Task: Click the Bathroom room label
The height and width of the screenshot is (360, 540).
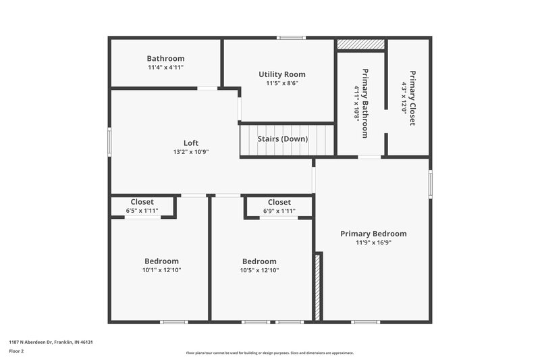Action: pyautogui.click(x=165, y=59)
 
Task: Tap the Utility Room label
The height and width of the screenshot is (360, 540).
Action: pyautogui.click(x=282, y=74)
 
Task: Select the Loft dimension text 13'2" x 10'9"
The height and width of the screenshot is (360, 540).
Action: pyautogui.click(x=191, y=152)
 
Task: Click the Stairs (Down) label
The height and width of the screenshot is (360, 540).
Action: pyautogui.click(x=283, y=139)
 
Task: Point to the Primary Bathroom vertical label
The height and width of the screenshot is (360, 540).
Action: pyautogui.click(x=364, y=103)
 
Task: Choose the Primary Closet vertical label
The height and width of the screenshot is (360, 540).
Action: pyautogui.click(x=412, y=98)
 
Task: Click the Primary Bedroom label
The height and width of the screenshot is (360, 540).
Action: pyautogui.click(x=373, y=234)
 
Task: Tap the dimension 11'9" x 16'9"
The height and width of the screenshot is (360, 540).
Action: pyautogui.click(x=373, y=243)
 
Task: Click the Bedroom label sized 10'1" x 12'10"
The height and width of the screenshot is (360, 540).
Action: pyautogui.click(x=161, y=261)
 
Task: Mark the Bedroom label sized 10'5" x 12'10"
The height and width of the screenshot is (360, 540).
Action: pyautogui.click(x=259, y=261)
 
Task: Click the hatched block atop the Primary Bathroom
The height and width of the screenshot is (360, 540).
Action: pyautogui.click(x=361, y=44)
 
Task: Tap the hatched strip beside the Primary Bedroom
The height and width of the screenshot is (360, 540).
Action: pyautogui.click(x=318, y=287)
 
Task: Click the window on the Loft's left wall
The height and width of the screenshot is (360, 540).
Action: pyautogui.click(x=109, y=143)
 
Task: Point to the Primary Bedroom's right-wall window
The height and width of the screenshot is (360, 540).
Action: pyautogui.click(x=431, y=183)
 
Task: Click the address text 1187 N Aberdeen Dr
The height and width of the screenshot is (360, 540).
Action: pyautogui.click(x=51, y=342)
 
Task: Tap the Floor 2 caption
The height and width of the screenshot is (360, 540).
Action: pyautogui.click(x=16, y=352)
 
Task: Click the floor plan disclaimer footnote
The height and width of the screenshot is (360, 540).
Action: pyautogui.click(x=269, y=353)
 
